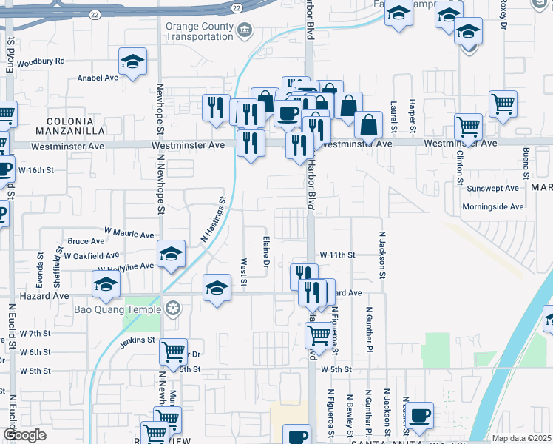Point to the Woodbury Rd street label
point(41,61)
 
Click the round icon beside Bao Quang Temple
point(173,307)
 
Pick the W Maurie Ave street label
point(129,234)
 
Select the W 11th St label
point(337,255)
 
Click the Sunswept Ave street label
point(493,189)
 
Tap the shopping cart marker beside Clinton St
point(468,127)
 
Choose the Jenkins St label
point(139,340)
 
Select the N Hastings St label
point(212,220)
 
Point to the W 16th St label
point(36,170)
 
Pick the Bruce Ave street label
point(86,241)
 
